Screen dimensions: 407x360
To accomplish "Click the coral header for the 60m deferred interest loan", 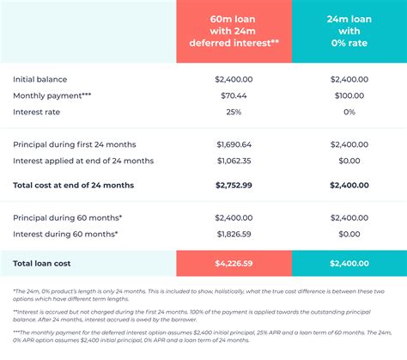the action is click(x=234, y=31).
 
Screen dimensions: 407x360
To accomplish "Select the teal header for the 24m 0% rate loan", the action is click(x=349, y=31).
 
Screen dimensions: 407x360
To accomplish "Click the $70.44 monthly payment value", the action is click(x=234, y=95).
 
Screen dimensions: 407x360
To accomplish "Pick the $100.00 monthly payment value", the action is click(x=349, y=95).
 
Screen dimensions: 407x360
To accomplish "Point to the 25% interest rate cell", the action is click(x=234, y=112).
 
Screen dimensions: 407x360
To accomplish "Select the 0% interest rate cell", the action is click(x=349, y=112).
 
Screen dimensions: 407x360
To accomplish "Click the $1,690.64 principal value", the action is click(x=234, y=144).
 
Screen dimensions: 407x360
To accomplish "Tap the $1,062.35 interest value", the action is click(x=234, y=161).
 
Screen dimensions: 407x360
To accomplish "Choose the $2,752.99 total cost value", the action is click(x=234, y=185).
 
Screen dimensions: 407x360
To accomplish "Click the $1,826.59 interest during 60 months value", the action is click(x=234, y=234).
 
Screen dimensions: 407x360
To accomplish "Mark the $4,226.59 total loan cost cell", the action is click(x=234, y=264).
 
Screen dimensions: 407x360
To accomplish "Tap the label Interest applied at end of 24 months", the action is click(x=83, y=161).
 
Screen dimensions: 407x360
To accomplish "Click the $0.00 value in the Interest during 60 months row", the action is click(x=349, y=234).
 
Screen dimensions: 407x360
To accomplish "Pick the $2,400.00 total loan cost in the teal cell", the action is click(x=349, y=264).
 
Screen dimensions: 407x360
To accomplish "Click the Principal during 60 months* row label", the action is click(x=66, y=217).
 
